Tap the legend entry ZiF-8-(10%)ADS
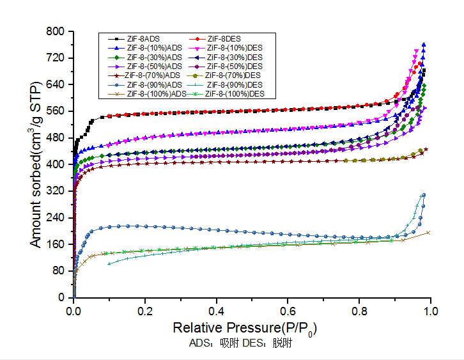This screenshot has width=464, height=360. (x=154, y=48)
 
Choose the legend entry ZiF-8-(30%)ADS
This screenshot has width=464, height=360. (x=154, y=58)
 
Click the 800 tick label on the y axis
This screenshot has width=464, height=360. (x=57, y=31)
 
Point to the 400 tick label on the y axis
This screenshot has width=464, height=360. (x=57, y=164)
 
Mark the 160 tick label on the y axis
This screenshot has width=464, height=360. (x=57, y=244)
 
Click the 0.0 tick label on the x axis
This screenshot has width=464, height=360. (x=74, y=311)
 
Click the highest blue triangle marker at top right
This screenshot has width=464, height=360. (x=424, y=45)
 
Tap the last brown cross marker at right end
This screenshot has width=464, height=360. (x=428, y=232)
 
